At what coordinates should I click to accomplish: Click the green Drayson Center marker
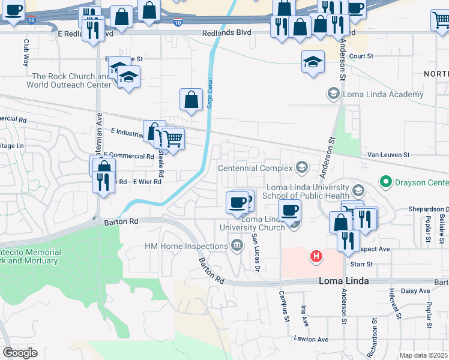[x=385, y=181]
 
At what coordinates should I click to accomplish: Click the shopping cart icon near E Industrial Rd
[x=173, y=139]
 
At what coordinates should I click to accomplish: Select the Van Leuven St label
[x=388, y=155]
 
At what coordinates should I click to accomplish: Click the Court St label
[x=361, y=56]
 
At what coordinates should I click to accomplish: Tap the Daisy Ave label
[x=415, y=291]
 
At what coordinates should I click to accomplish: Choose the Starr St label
[x=361, y=263]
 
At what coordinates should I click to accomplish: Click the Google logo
[x=20, y=352]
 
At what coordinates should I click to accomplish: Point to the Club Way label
[x=26, y=53]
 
